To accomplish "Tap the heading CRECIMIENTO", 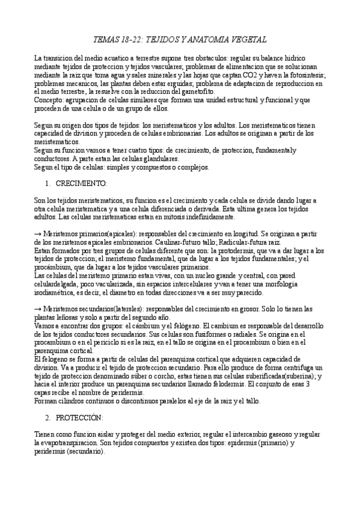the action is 81,182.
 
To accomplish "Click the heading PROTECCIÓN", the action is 80,417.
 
